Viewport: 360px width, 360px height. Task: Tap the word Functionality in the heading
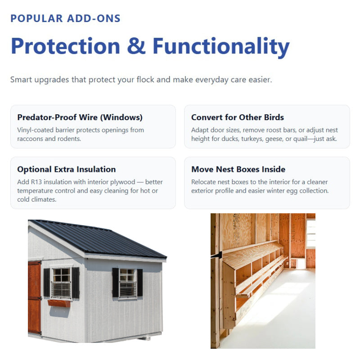click(221, 46)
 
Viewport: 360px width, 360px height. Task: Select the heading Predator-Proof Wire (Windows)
click(80, 117)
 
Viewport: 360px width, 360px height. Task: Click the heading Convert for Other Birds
click(237, 117)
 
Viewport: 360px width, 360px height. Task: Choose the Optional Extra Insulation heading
click(66, 169)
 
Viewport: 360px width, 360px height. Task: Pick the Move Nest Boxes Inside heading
click(238, 169)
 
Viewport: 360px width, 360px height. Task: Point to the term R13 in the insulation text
click(38, 182)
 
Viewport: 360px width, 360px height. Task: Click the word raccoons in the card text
click(32, 139)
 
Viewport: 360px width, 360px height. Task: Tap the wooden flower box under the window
click(59, 303)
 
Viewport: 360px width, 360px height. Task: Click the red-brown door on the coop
click(34, 297)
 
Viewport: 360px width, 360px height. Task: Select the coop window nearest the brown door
click(61, 283)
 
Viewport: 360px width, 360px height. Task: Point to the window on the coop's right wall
click(127, 283)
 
